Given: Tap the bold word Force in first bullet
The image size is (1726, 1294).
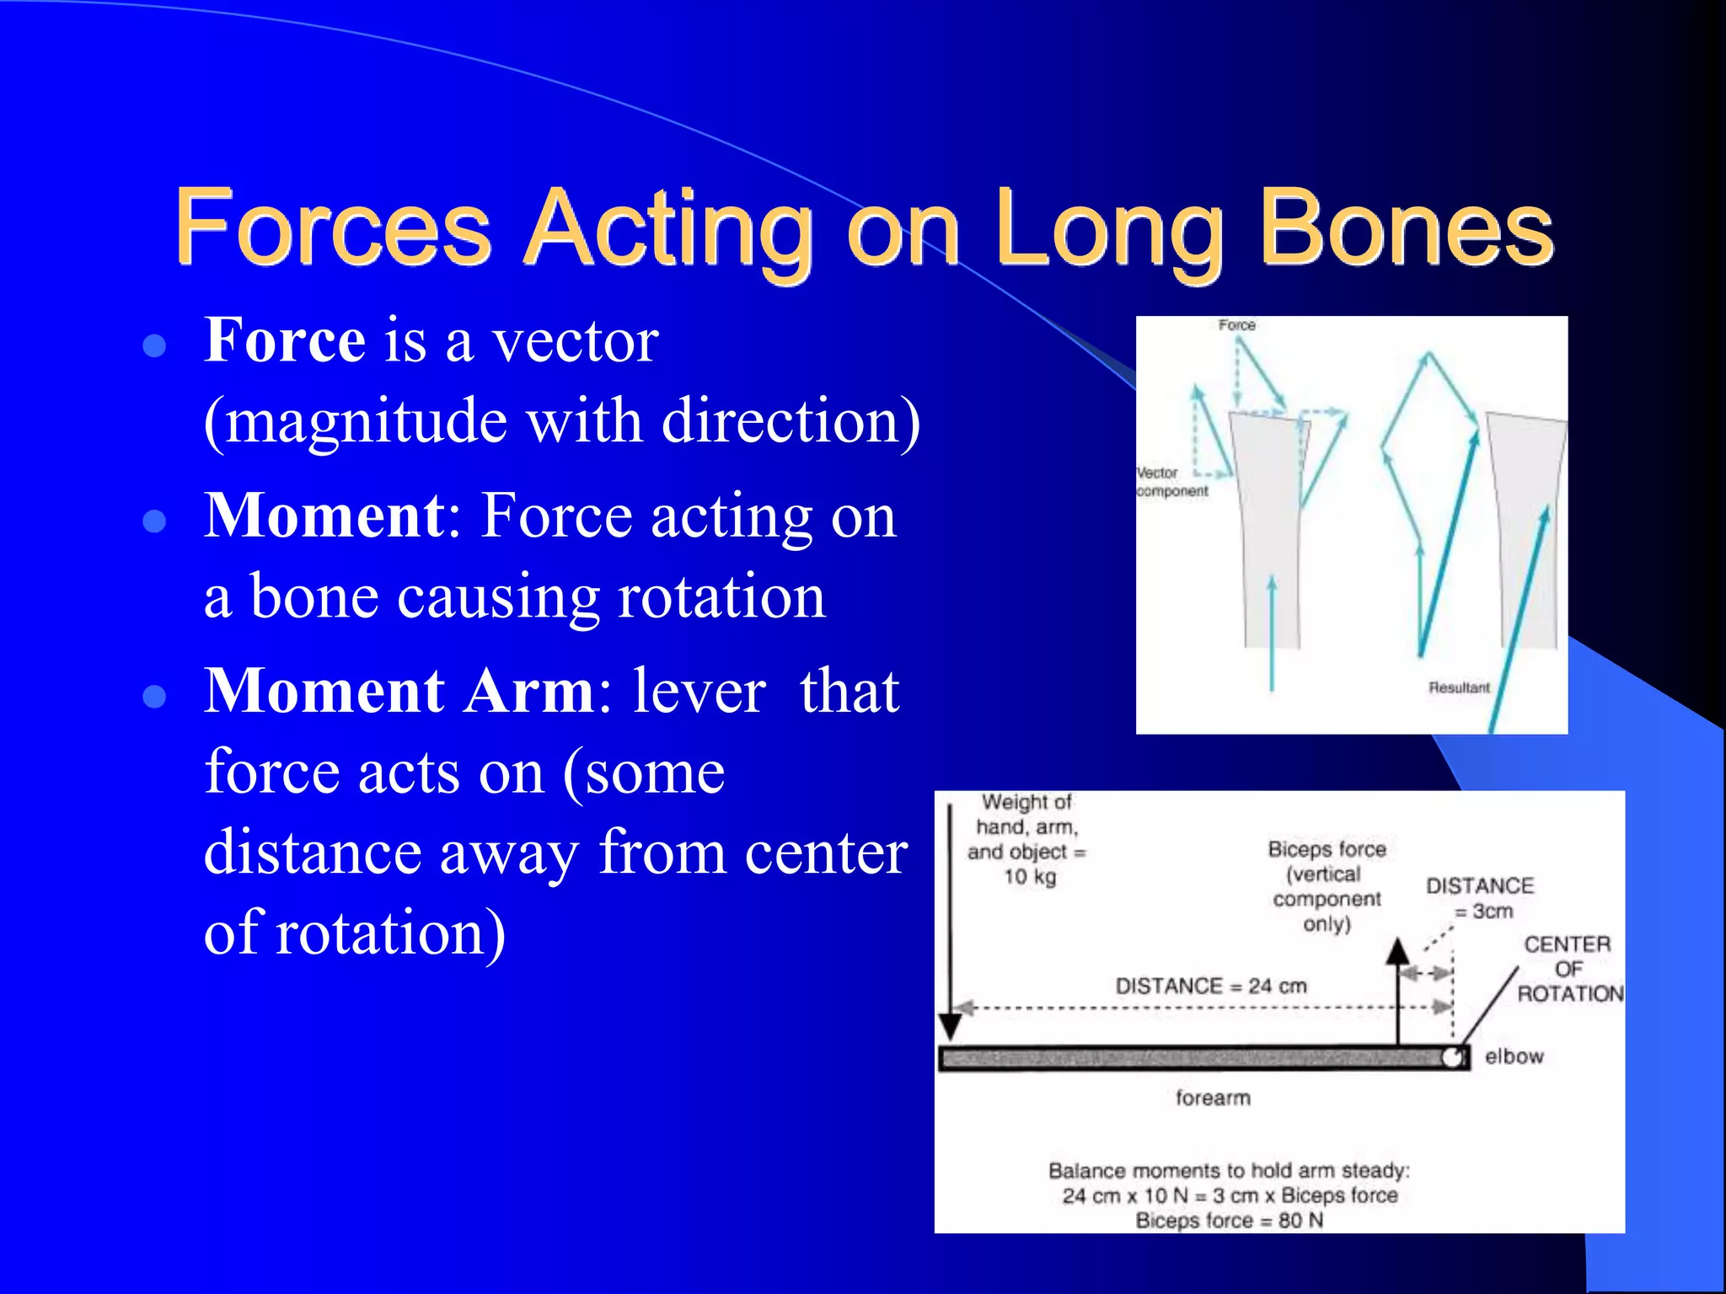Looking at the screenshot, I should pyautogui.click(x=285, y=340).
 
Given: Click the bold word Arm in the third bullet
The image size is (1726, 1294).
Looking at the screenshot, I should pyautogui.click(x=530, y=691).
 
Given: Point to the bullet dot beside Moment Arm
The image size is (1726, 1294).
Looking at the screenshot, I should pyautogui.click(x=154, y=696).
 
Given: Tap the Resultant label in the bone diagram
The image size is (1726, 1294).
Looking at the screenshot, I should pyautogui.click(x=1459, y=687).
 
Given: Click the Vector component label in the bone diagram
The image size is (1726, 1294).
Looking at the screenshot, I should pyautogui.click(x=1171, y=482).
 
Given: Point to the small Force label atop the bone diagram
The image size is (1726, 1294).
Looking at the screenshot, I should pyautogui.click(x=1236, y=325).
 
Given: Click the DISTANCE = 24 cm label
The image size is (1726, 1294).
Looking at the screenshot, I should pyautogui.click(x=1210, y=986).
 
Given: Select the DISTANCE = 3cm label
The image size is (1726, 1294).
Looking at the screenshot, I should pyautogui.click(x=1480, y=898).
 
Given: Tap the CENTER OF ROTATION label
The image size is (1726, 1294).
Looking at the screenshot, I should pyautogui.click(x=1568, y=969).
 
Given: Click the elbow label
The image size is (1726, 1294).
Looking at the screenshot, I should pyautogui.click(x=1514, y=1056).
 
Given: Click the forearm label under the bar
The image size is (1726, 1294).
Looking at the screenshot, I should pyautogui.click(x=1213, y=1098).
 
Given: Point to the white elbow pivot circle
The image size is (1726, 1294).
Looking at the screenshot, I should pyautogui.click(x=1451, y=1057).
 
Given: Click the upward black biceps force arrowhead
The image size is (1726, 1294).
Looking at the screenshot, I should pyautogui.click(x=1398, y=952).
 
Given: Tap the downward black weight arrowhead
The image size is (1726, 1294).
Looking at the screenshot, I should pyautogui.click(x=950, y=1026).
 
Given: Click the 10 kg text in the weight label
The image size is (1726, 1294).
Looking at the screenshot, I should pyautogui.click(x=1029, y=877).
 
